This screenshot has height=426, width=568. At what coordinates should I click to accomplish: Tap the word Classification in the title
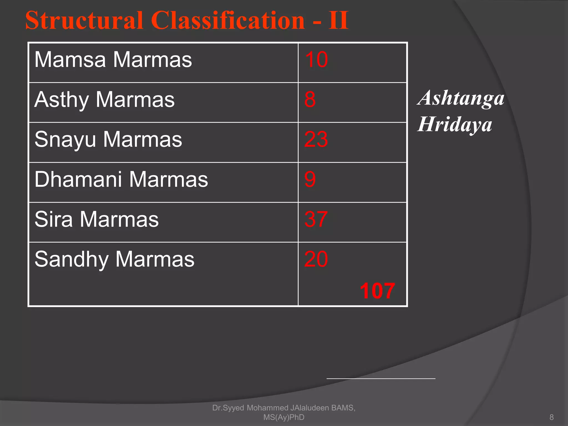(x=228, y=21)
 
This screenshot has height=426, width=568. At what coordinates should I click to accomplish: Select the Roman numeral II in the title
(x=338, y=21)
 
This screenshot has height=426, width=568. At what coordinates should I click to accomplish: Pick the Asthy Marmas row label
(x=105, y=100)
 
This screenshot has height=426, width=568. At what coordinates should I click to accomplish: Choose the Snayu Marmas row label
(x=108, y=140)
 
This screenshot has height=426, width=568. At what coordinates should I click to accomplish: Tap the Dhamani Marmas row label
(x=121, y=179)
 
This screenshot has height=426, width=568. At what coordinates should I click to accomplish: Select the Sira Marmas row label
(x=97, y=219)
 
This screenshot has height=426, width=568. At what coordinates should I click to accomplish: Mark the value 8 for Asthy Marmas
(x=310, y=100)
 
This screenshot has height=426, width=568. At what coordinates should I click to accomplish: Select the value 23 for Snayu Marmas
(x=316, y=140)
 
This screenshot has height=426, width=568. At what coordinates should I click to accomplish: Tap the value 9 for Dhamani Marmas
(x=310, y=179)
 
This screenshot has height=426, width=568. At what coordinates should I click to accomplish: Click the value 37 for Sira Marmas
(x=316, y=219)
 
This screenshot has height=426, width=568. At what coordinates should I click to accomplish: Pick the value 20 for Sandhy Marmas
(x=316, y=259)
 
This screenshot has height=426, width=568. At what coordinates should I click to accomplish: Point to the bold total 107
(x=377, y=291)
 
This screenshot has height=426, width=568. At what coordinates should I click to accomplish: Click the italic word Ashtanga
(x=461, y=98)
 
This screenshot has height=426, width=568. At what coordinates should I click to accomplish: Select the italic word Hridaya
(x=455, y=125)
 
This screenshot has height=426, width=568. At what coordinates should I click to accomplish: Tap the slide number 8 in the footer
(x=551, y=417)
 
